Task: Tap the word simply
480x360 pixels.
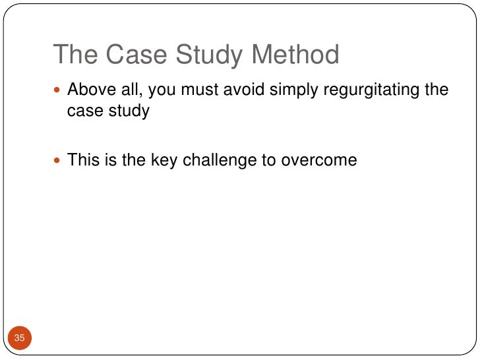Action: coord(293,90)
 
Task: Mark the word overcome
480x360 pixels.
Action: coord(322,160)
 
